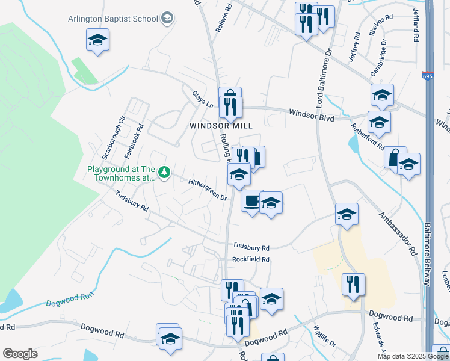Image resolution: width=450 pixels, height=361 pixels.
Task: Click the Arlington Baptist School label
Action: click(120, 18)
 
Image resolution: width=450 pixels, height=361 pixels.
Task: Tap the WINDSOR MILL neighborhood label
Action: click(221, 125)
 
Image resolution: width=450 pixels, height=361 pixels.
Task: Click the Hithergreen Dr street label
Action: click(207, 189)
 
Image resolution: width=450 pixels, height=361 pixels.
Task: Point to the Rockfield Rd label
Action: click(251, 259)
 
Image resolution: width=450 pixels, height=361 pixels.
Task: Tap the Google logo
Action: click(19, 354)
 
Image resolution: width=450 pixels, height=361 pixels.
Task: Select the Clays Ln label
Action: click(203, 100)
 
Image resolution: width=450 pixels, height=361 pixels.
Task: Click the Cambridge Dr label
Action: click(378, 58)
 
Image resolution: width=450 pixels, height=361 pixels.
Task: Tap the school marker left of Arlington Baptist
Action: click(97, 40)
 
